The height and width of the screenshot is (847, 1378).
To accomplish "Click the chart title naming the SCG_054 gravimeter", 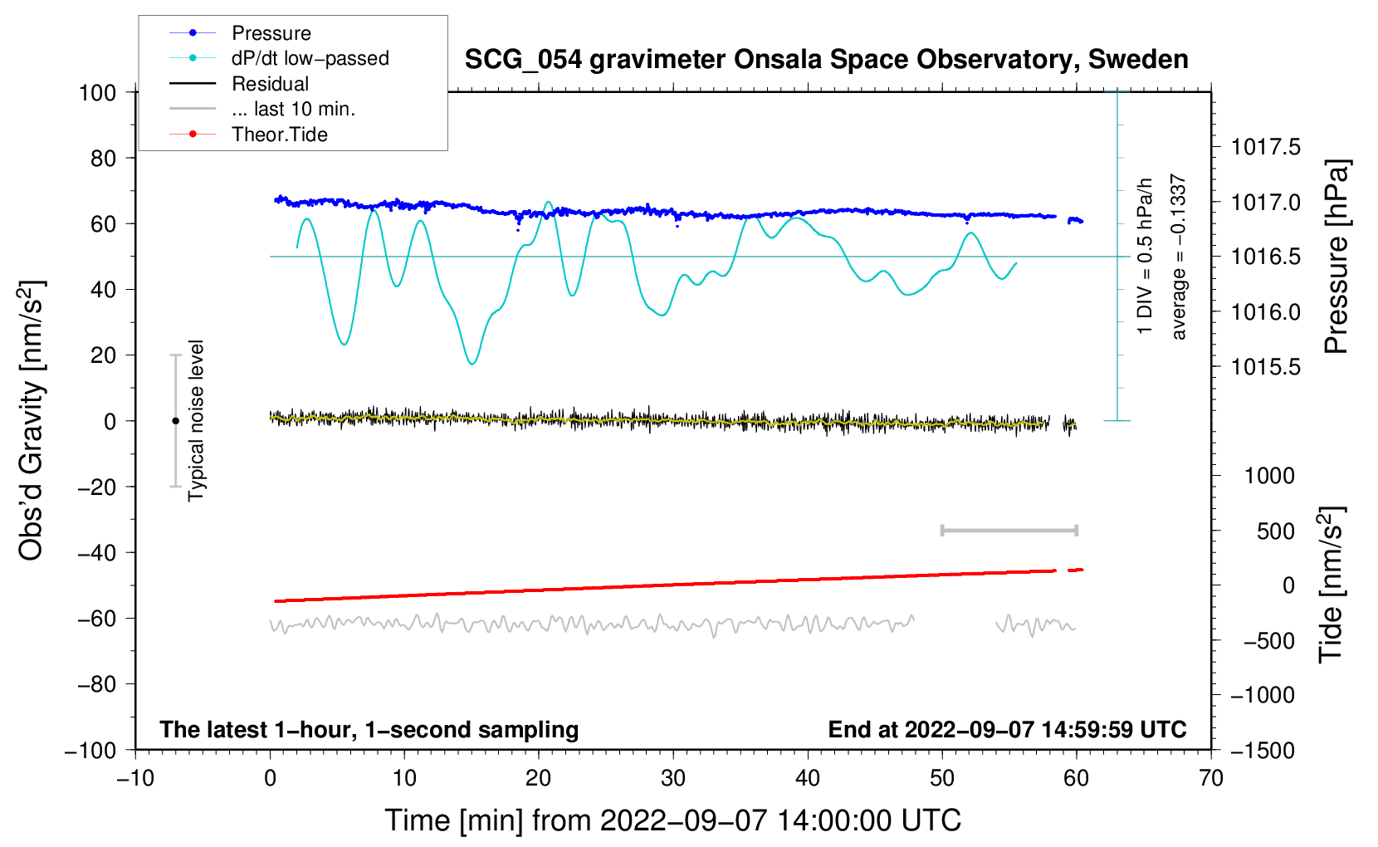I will tap(826, 60).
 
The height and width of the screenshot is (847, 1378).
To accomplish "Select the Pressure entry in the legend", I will tap(271, 33).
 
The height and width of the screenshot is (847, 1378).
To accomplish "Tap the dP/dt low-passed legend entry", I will tap(310, 58).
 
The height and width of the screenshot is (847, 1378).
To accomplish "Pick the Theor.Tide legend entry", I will tap(279, 135).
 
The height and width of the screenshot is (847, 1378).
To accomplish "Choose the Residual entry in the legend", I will tap(270, 84).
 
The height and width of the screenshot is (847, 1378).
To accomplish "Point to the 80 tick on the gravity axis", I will tap(103, 158).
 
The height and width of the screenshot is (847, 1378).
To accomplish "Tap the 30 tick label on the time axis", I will tap(673, 778).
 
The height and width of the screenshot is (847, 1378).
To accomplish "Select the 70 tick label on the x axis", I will tap(1211, 778).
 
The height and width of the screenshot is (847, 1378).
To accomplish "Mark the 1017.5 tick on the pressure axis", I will tap(1265, 148).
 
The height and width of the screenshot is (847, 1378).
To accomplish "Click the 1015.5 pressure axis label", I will tap(1265, 367).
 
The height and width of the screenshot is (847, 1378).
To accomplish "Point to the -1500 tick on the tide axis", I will tap(1262, 750).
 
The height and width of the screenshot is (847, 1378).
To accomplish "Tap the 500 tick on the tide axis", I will tap(1275, 531).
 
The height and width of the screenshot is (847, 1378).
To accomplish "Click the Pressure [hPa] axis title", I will tap(1336, 257).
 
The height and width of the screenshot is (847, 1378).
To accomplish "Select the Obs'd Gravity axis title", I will tap(31, 420).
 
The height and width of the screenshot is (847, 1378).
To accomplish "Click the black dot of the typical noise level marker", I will tap(175, 421).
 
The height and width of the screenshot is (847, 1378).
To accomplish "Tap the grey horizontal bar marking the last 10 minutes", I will tap(1009, 530).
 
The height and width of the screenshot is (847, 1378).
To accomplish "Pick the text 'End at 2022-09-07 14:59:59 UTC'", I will tap(1007, 729).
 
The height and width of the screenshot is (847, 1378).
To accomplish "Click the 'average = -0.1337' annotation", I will tap(1179, 257).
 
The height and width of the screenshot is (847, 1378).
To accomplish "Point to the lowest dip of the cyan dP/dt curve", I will tap(472, 364).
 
